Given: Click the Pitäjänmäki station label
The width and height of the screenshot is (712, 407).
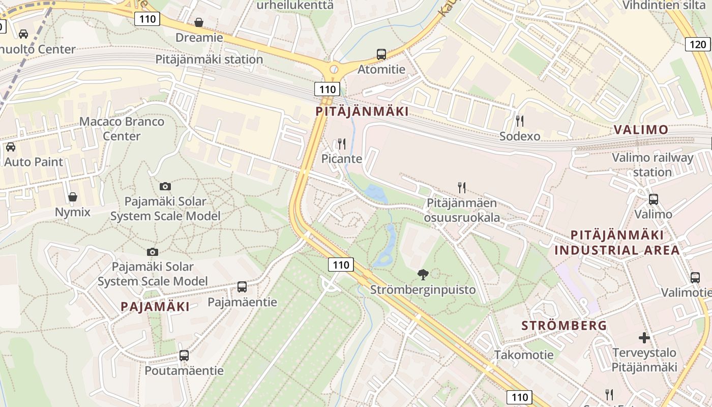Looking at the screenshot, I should pos(209,59).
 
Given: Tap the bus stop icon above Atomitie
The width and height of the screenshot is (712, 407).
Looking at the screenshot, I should pos(381,54).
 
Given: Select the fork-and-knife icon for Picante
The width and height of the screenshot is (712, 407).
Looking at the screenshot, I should pos(342,144).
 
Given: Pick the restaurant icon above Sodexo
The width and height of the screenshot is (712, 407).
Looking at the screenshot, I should pos(519,121).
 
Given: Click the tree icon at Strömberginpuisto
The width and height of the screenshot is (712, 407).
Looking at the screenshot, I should pos(423,275).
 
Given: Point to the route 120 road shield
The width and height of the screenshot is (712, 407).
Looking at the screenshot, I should pos(698,44).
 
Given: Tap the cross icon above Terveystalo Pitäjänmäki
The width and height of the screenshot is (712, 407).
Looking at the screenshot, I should pos(644,337).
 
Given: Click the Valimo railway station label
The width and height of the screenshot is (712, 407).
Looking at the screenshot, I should pos(652,164).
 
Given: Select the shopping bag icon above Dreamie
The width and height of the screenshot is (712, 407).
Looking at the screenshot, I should pos(199,22).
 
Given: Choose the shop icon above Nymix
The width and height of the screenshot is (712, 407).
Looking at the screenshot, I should pos(73,197).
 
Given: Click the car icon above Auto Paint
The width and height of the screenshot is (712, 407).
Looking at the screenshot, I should pos(11,147).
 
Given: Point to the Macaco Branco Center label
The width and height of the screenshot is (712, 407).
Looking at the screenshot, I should pos(122,129).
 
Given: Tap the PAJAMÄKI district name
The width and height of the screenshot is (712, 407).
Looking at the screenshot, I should pos(155,306).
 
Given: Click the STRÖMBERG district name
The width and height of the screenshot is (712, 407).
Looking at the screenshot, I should pos(565,326).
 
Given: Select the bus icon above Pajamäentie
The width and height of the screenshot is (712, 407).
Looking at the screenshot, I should pos(242,287).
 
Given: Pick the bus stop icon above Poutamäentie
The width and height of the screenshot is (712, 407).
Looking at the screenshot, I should pos(184,355).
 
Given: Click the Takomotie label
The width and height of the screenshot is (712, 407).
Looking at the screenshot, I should pos(524,355).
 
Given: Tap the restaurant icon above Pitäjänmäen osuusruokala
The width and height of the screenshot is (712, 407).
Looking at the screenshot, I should pos(462,188).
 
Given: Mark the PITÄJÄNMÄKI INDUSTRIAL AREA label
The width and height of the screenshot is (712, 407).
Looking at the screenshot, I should pos(617,242).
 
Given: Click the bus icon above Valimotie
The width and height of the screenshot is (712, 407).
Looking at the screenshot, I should pos(695,277).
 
